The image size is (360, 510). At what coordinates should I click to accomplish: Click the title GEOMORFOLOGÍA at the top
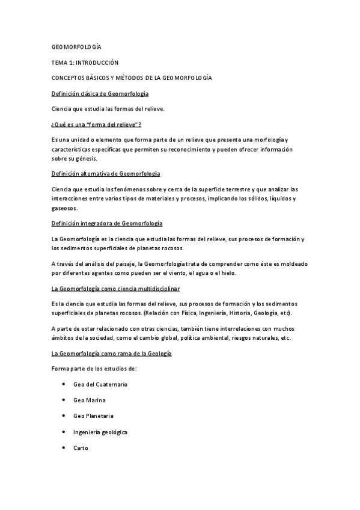pyautogui.click(x=76, y=46)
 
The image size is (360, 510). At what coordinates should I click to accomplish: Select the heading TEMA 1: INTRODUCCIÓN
pyautogui.click(x=85, y=62)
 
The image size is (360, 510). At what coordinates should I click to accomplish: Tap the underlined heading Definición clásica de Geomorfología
pyautogui.click(x=100, y=94)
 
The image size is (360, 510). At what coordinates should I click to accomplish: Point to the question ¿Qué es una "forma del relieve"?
pyautogui.click(x=96, y=124)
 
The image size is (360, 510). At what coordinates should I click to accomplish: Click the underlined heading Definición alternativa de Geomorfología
pyautogui.click(x=105, y=173)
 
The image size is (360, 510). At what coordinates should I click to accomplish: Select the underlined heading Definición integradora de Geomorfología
pyautogui.click(x=107, y=224)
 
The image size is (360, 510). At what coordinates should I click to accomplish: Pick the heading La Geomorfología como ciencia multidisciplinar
pyautogui.click(x=120, y=289)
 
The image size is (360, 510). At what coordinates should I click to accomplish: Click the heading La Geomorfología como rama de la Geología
pyautogui.click(x=112, y=353)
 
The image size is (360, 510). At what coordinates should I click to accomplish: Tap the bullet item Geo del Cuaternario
pyautogui.click(x=100, y=384)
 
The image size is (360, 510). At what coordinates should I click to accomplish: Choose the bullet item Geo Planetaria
pyautogui.click(x=93, y=416)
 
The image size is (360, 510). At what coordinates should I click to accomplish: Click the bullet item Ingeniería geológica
pyautogui.click(x=100, y=432)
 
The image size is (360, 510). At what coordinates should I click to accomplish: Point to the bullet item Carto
pyautogui.click(x=81, y=447)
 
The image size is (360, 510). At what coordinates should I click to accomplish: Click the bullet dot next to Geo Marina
pyautogui.click(x=64, y=399)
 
